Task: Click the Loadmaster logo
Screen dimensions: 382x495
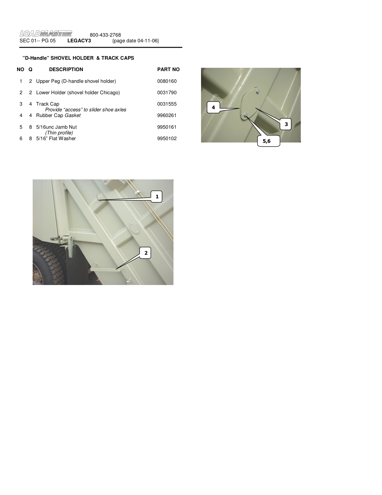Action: point(46,34)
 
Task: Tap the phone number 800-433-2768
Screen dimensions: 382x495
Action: point(105,35)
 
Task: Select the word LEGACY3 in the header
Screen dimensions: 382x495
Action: point(79,40)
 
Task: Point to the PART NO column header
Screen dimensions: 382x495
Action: point(168,70)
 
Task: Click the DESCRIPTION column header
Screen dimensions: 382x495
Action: point(66,70)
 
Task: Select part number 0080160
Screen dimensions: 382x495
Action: point(167,81)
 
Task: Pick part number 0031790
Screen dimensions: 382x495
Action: point(167,92)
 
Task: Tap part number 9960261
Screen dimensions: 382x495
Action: point(167,115)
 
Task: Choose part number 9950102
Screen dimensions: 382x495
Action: point(167,138)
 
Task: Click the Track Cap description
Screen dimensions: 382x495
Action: point(48,104)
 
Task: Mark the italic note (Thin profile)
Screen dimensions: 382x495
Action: point(59,133)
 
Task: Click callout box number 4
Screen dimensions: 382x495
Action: point(213,107)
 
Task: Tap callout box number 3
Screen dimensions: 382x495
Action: point(286,124)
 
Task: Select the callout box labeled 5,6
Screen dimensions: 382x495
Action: point(268,141)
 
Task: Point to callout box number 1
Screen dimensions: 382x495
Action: point(156,196)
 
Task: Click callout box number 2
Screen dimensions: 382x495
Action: point(145,253)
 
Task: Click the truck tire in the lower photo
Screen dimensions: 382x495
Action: point(47,264)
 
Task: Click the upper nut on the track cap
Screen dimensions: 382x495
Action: point(257,91)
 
